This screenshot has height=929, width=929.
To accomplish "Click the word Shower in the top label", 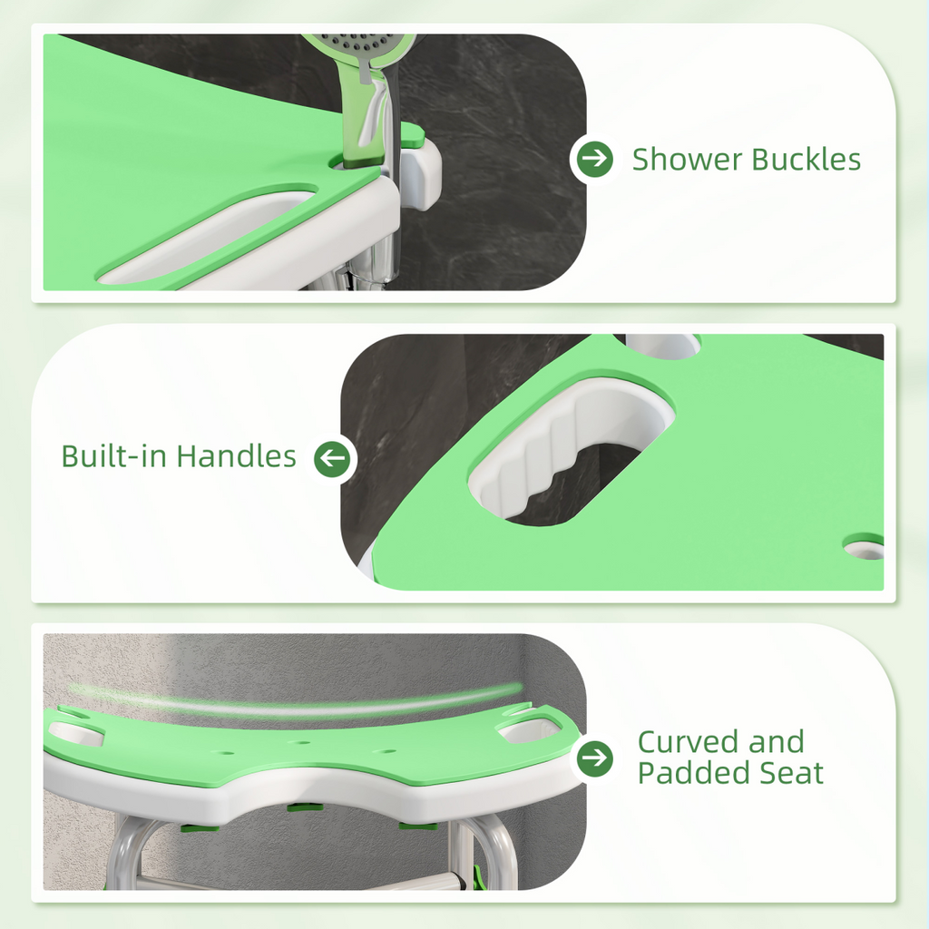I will pos(686,160).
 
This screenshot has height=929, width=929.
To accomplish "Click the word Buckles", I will pos(805,160).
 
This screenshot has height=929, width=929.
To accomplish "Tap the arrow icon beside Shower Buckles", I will pos(594,160).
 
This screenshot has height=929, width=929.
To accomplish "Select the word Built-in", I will pos(114,455).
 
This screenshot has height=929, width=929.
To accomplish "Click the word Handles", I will pos(236,455).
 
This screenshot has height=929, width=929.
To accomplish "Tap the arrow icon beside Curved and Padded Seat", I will pos(594,758).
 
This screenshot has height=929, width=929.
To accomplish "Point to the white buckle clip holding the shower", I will pos(420,172).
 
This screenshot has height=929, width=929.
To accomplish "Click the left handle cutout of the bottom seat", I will pos(76,732).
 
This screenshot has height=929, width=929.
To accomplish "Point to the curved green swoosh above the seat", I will pos(299,704).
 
